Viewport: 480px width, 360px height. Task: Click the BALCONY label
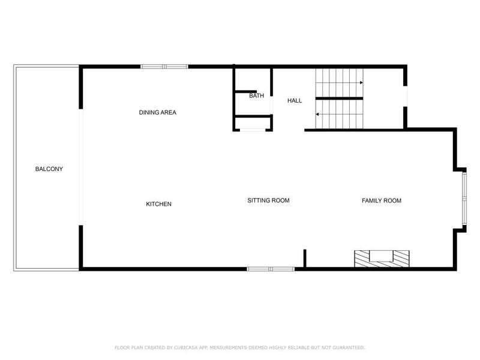49,169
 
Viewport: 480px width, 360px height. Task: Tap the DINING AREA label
157,112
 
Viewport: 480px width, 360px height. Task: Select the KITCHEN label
159,204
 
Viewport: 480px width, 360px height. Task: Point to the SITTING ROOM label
268,200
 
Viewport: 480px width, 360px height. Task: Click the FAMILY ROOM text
381,200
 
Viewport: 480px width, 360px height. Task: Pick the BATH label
256,96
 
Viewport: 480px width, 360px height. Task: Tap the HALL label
295,100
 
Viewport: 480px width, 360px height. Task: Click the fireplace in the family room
382,259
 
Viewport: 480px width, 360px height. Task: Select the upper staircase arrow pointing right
361,83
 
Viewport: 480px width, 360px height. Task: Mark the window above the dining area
164,67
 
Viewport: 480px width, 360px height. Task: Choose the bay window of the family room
464,200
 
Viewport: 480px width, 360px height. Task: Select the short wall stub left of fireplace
305,259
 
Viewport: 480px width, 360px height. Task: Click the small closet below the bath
253,123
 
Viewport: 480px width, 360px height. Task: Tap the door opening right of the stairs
406,97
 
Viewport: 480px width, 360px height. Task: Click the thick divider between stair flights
339,98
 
